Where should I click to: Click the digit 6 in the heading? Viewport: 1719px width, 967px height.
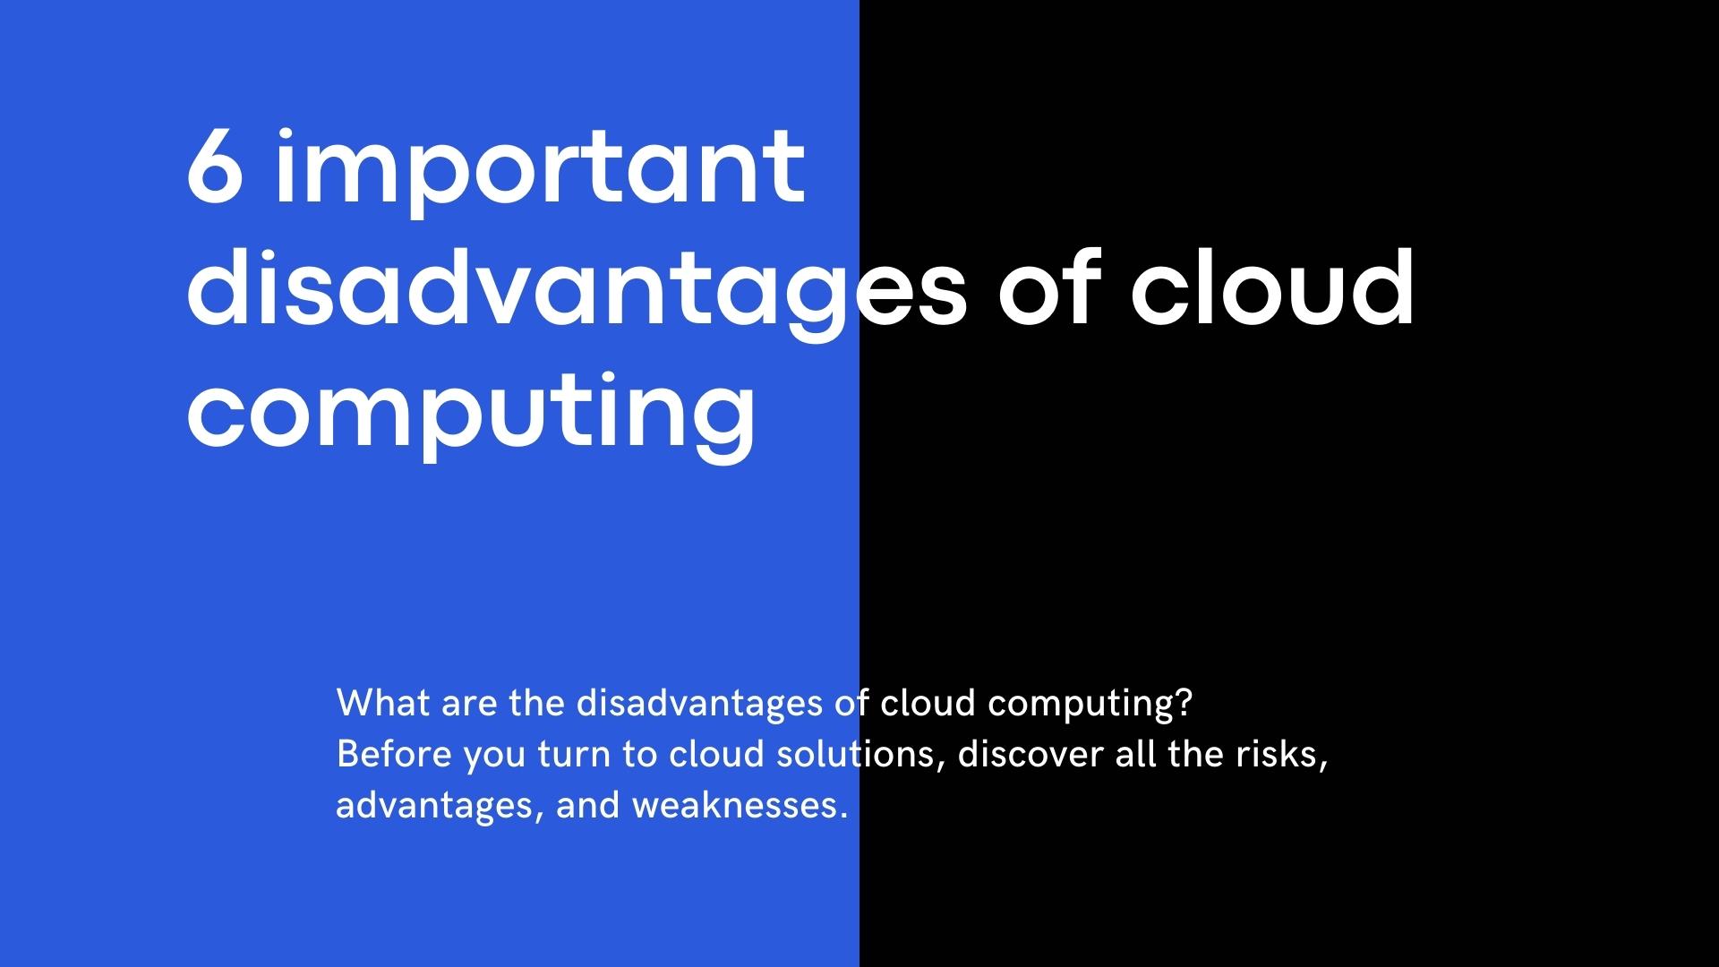216,168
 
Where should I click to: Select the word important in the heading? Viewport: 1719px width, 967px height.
540,170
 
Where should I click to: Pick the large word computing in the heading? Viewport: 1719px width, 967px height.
471,414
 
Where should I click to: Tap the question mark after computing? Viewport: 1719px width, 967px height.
1184,703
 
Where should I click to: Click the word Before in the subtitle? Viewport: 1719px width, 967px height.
394,754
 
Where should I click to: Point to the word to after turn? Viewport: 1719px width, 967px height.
640,755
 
